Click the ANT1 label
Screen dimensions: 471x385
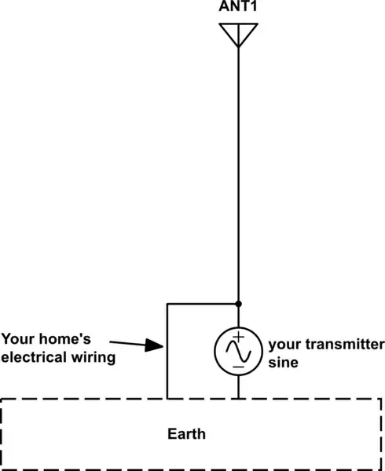pyautogui.click(x=238, y=8)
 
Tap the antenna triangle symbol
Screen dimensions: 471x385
pyautogui.click(x=238, y=34)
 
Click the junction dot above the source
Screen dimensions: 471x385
pyautogui.click(x=238, y=303)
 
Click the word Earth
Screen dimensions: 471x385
pyautogui.click(x=187, y=433)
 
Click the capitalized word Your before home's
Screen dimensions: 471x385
pyautogui.click(x=17, y=340)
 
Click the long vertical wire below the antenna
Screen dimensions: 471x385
pyautogui.click(x=238, y=173)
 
